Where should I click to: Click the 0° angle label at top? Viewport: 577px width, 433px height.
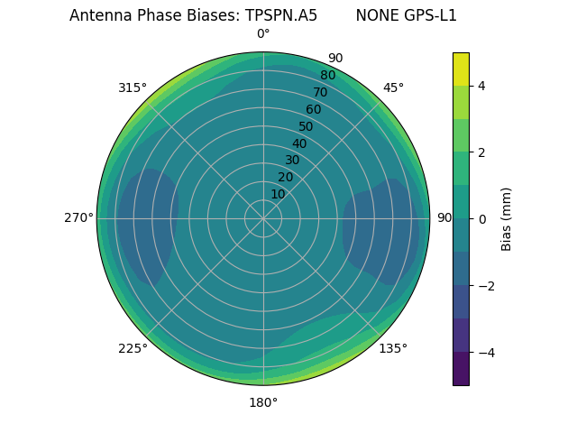pyautogui.click(x=263, y=34)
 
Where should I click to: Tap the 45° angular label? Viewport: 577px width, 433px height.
pyautogui.click(x=393, y=88)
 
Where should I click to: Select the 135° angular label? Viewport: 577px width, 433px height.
pyautogui.click(x=393, y=348)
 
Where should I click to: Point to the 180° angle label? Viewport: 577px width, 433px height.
pyautogui.click(x=263, y=402)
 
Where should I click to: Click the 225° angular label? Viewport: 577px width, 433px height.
pyautogui.click(x=133, y=348)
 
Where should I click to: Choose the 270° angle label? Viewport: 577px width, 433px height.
pyautogui.click(x=78, y=218)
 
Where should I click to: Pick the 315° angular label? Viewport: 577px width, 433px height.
pyautogui.click(x=133, y=88)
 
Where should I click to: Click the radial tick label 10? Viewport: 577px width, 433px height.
pyautogui.click(x=278, y=194)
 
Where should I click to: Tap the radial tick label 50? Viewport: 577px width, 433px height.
pyautogui.click(x=306, y=126)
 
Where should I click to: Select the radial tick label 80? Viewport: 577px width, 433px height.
pyautogui.click(x=327, y=75)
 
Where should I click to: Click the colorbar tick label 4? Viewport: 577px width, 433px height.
pyautogui.click(x=481, y=86)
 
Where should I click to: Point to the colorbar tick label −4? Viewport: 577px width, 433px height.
pyautogui.click(x=483, y=352)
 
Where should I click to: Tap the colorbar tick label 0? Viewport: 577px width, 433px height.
pyautogui.click(x=481, y=218)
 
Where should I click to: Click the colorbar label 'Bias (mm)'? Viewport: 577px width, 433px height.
pyautogui.click(x=507, y=218)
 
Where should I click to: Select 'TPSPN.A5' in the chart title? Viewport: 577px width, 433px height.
pyautogui.click(x=281, y=15)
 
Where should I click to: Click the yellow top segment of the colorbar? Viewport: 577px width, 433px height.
pyautogui.click(x=461, y=69)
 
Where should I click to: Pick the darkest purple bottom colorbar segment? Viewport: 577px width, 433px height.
pyautogui.click(x=461, y=368)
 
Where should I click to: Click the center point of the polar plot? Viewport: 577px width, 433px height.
pyautogui.click(x=263, y=218)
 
